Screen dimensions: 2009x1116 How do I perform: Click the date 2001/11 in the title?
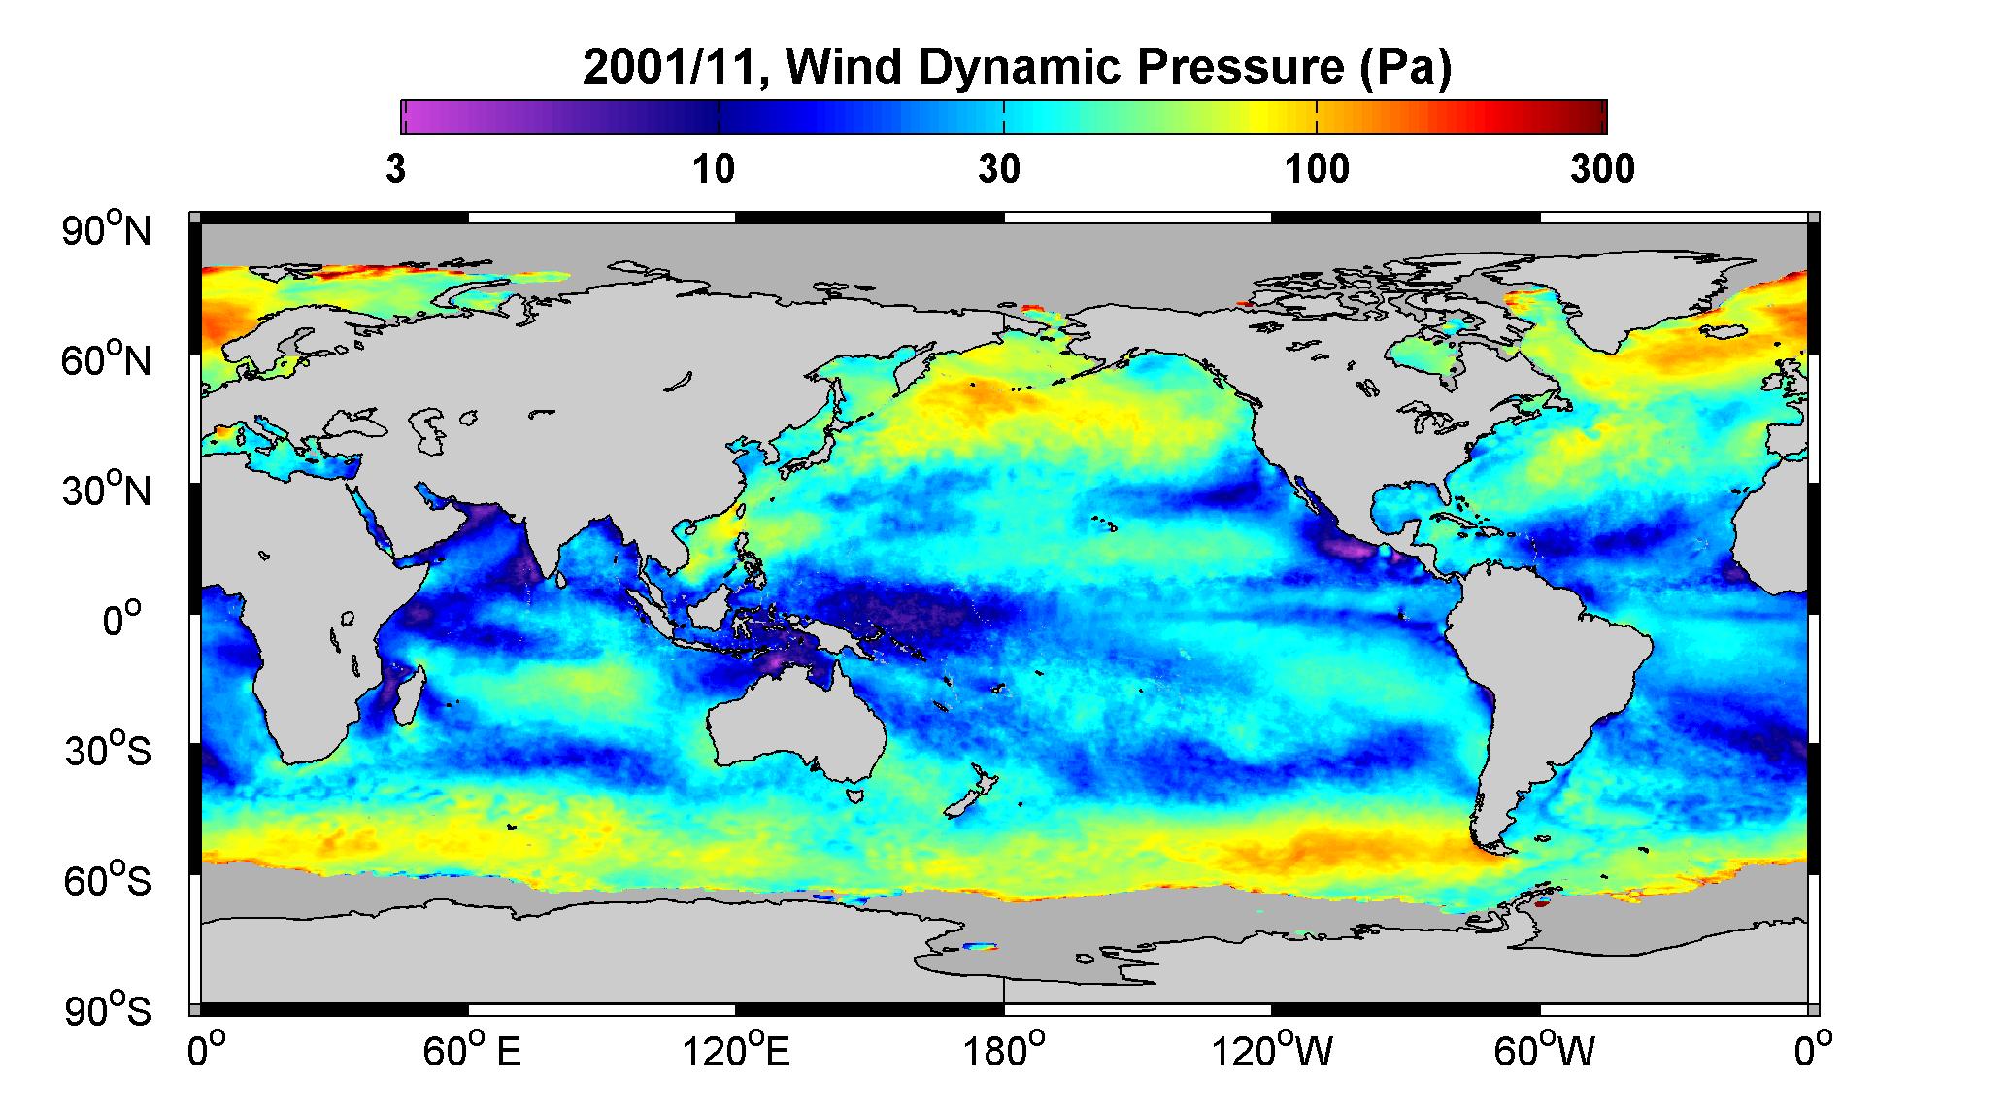tap(676, 68)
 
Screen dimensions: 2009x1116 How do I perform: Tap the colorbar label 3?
tap(395, 169)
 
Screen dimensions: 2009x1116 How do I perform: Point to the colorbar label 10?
tap(714, 169)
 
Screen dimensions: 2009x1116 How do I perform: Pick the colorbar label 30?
tap(999, 169)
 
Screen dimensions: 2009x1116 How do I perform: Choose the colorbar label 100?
tap(1317, 169)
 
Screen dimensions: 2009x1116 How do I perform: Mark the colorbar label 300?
tap(1601, 169)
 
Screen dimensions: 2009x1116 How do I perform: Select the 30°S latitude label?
tap(108, 750)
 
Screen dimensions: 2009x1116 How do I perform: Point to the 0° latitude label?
tap(123, 620)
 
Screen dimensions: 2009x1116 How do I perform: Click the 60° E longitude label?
tap(471, 1051)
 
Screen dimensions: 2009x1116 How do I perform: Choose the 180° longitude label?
tap(1004, 1051)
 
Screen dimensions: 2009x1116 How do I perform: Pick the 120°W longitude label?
tap(1272, 1051)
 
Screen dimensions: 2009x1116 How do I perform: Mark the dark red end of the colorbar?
tap(1592, 117)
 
